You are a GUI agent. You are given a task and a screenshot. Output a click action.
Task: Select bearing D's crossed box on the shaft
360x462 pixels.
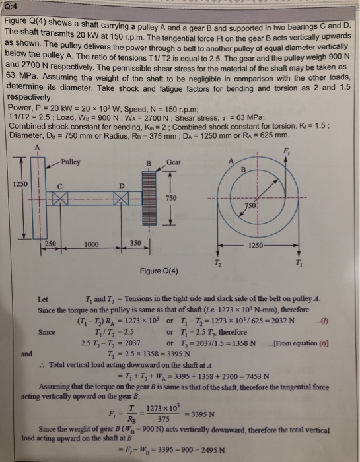[119, 199]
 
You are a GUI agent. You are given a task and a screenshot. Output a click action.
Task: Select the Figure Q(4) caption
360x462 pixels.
[159, 271]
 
